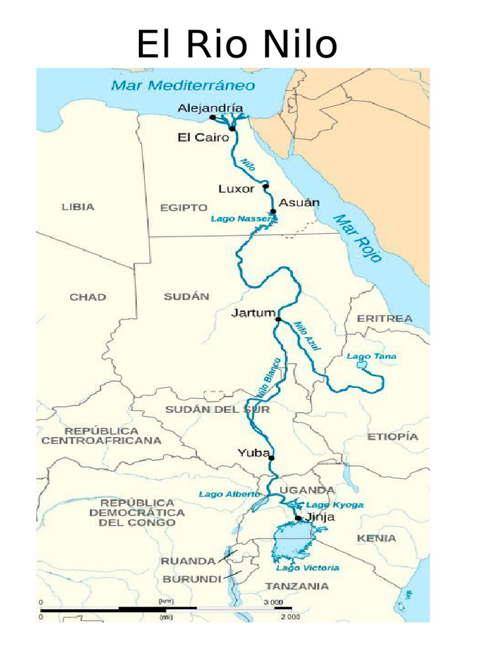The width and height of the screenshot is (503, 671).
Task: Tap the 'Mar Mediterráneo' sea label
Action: click(183, 86)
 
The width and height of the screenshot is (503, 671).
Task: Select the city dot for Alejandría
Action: click(212, 117)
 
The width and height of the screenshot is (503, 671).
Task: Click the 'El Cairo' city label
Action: click(203, 137)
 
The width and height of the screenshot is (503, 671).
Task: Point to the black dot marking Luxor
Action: click(266, 187)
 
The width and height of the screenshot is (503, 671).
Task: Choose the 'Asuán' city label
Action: click(299, 202)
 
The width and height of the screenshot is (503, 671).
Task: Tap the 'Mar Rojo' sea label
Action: click(357, 238)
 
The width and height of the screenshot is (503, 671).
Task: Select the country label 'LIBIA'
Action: click(78, 207)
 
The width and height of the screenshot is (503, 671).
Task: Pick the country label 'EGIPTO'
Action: click(183, 208)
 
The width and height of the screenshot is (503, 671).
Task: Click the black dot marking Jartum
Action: click(278, 320)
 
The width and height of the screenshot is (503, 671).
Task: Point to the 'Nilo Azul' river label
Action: click(307, 336)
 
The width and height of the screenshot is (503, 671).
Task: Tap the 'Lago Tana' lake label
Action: click(371, 356)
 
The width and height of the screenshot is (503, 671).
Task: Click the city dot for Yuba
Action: click(271, 457)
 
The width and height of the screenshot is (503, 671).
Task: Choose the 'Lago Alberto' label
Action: click(229, 494)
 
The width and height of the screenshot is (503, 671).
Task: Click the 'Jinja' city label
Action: click(320, 517)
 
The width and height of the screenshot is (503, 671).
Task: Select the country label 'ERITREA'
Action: click(384, 318)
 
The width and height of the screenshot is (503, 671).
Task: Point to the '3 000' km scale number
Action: click(273, 602)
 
